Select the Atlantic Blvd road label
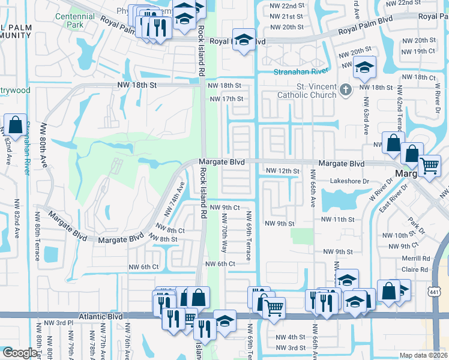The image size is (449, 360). click(x=100, y=316)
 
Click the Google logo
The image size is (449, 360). click(x=19, y=353)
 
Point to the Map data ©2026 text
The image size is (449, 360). click(x=424, y=355)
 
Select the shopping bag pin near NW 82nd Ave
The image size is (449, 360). click(x=14, y=125)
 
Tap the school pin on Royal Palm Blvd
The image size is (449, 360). click(x=244, y=40)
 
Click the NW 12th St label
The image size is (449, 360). click(x=283, y=172)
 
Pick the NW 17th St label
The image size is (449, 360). click(x=225, y=99)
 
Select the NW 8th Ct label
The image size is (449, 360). click(x=170, y=229)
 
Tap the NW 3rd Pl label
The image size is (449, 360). click(x=61, y=323)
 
